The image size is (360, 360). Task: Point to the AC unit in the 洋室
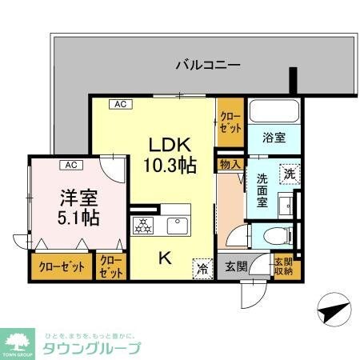[70, 165]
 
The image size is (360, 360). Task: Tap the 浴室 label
[272, 138]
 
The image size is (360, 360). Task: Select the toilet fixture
[271, 236]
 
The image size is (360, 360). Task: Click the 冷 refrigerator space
[203, 270]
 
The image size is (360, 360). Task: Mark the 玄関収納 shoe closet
[284, 266]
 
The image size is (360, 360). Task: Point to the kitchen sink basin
[178, 226]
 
